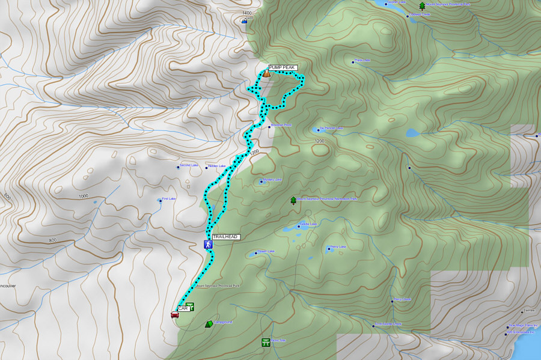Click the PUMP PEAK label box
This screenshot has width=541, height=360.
coord(283,67)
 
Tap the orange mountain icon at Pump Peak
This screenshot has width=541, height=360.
coord(266,73)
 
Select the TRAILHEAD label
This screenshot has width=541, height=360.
coord(225,237)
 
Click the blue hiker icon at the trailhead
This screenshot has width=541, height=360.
coord(207,245)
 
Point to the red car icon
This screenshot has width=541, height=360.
coord(174,314)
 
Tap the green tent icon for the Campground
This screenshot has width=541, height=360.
coord(209,324)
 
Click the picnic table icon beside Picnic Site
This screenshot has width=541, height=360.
coord(265,343)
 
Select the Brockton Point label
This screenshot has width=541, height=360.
coord(281,125)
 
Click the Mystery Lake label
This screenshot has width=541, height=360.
coord(272,180)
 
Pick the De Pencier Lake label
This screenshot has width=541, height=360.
coord(331,128)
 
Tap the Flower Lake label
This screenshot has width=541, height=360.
coord(266,251)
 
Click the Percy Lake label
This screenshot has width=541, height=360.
coord(338,246)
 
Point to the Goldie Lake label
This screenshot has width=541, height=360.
coord(308,224)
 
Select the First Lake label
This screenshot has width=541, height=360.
coord(169,199)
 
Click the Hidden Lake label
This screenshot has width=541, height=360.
coord(216,166)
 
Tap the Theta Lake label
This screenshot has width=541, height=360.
coord(362,60)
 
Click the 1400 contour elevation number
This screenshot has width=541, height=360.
coord(245,13)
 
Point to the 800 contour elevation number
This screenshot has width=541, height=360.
coord(53,240)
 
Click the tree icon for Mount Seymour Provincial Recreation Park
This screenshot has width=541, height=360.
coord(293,200)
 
